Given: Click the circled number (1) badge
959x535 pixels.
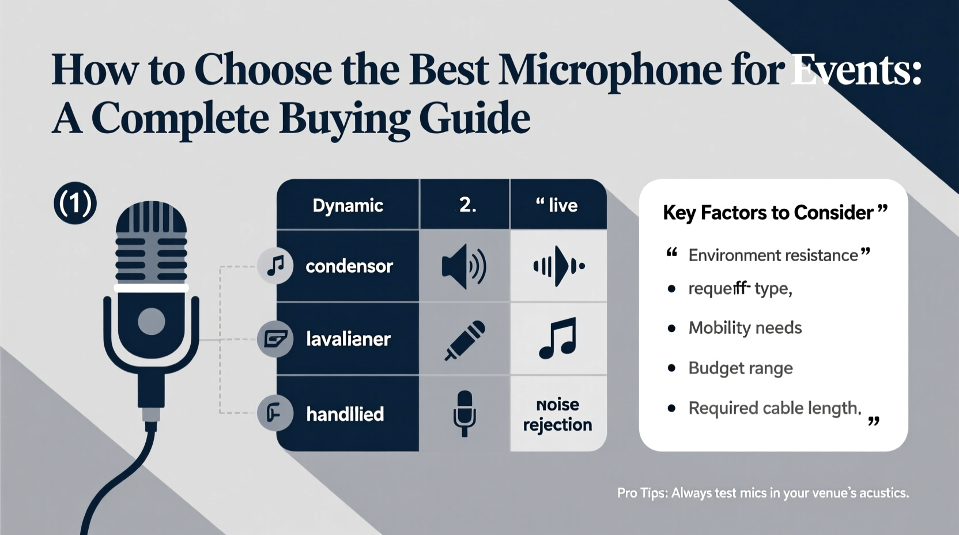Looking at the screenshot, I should point(75,204).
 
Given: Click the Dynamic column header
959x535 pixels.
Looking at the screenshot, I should point(348,205).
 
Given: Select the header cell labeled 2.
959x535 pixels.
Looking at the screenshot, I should point(467,205).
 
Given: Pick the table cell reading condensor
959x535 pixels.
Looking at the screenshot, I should point(349,266).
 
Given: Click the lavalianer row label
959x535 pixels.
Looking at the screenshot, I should point(348,339).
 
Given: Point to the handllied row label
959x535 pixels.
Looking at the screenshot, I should point(345,414).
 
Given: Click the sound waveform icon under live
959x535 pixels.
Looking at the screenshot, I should point(558,266).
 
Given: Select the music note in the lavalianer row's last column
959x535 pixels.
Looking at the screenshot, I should point(557,338).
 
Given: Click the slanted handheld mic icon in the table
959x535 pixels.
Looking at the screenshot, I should point(465,340).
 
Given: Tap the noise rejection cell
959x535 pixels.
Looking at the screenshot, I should point(557,415).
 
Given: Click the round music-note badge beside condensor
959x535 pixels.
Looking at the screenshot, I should point(275,266).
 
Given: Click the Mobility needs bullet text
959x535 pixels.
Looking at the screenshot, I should point(745,328).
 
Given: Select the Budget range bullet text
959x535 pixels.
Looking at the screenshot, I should point(740,368).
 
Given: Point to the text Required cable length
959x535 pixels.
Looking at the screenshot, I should point(773,408).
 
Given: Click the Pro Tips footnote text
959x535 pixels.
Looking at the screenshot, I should point(762,493).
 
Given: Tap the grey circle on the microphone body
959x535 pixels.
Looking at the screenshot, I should point(152,321).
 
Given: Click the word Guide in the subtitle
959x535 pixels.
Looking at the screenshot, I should point(474,118).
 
